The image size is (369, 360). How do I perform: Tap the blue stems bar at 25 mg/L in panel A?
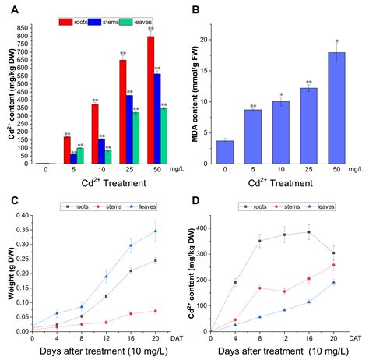pos(129,129)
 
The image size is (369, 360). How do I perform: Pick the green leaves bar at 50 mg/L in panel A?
pos(163,136)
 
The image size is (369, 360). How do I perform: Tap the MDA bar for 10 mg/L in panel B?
pos(280,132)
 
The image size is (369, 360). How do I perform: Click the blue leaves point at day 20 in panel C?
pos(155,231)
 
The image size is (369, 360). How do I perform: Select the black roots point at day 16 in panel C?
pos(130,270)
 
